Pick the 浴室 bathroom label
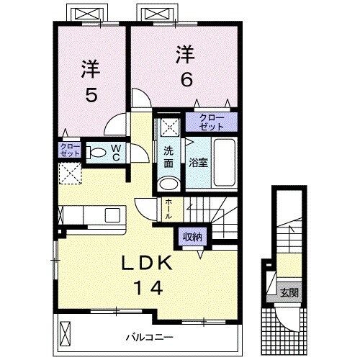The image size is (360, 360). coord(198,163)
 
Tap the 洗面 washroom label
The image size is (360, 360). coord(167,158)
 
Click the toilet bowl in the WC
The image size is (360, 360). coord(96,152)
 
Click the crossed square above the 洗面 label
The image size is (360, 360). coord(168,127)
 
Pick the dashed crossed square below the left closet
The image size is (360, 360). coord(70,174)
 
